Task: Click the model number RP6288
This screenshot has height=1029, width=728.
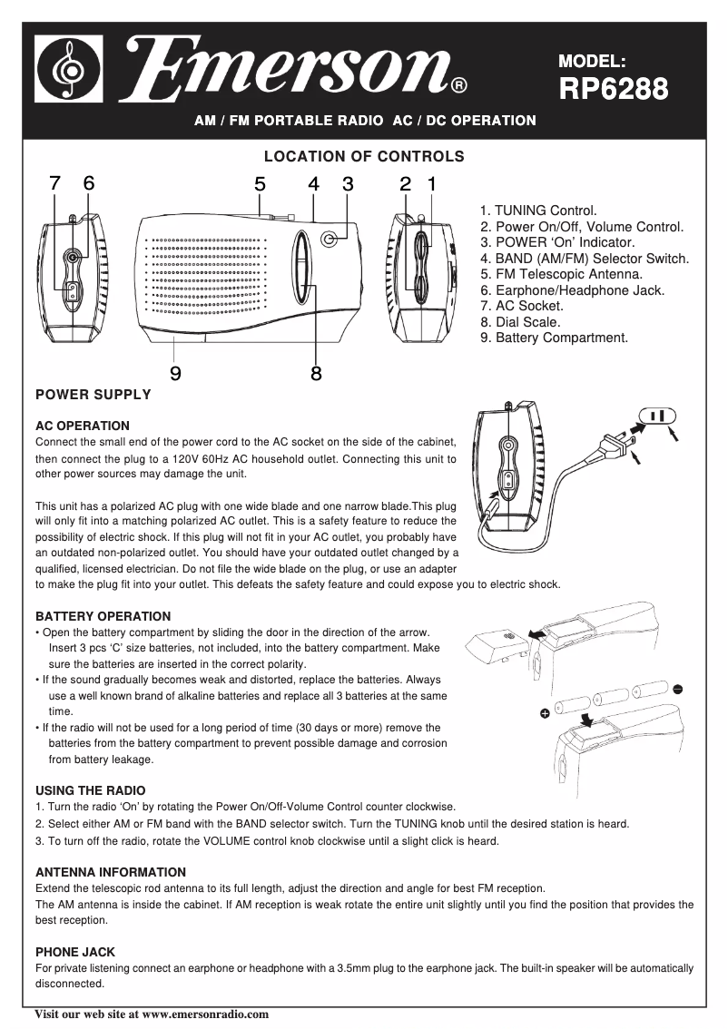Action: pos(614,89)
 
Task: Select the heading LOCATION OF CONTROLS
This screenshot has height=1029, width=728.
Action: pos(363,156)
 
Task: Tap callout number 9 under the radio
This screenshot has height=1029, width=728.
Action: pos(174,372)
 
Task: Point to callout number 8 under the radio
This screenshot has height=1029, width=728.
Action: pos(316,372)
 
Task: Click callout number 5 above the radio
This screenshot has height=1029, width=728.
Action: pos(260,183)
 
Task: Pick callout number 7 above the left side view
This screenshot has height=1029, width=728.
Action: pos(55,183)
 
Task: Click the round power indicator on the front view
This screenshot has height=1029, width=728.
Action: pos(330,239)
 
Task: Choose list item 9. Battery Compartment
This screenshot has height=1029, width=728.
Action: pos(554,338)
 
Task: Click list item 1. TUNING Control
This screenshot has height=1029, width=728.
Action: pos(538,211)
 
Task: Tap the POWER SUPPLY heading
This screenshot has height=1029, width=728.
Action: pos(93,395)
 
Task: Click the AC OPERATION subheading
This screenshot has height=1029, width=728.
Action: pos(82,426)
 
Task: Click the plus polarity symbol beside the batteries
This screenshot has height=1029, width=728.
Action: pos(545,714)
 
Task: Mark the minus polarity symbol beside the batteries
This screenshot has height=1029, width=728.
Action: pos(677,689)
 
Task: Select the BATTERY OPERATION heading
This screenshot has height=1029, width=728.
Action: pos(103,616)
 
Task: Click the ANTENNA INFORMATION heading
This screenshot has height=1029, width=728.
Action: pos(110,872)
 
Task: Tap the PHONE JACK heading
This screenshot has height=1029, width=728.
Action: pos(74,952)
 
